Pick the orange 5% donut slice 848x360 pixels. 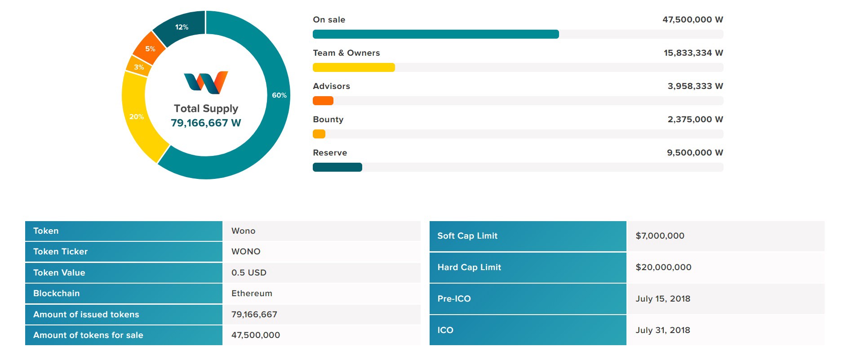pyautogui.click(x=149, y=49)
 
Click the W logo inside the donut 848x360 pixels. pyautogui.click(x=206, y=83)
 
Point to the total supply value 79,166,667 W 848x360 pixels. pyautogui.click(x=206, y=123)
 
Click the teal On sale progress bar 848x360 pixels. pyautogui.click(x=435, y=34)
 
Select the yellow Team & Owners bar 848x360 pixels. pyautogui.click(x=354, y=67)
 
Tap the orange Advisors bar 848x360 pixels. pyautogui.click(x=323, y=101)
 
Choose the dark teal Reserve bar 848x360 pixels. pyautogui.click(x=337, y=167)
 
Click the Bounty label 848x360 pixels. pyautogui.click(x=328, y=120)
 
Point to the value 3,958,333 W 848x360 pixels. pyautogui.click(x=695, y=86)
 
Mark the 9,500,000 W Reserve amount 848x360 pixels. pyautogui.click(x=695, y=153)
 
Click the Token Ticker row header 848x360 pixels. pyautogui.click(x=61, y=252)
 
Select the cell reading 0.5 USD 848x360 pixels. pyautogui.click(x=249, y=273)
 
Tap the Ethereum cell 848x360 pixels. pyautogui.click(x=252, y=293)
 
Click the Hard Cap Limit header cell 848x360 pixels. pyautogui.click(x=469, y=267)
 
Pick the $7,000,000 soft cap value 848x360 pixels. pyautogui.click(x=660, y=236)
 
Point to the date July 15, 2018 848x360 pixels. pyautogui.click(x=663, y=299)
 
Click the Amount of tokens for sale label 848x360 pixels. pyautogui.click(x=88, y=335)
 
